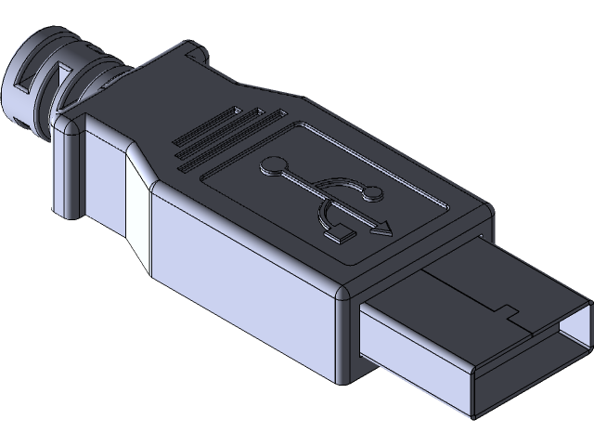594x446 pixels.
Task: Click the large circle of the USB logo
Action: pos(274,167)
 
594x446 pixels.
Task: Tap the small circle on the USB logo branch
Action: pos(373,192)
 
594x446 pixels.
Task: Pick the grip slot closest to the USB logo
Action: pos(234,151)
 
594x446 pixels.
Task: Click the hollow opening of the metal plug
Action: pos(529,372)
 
